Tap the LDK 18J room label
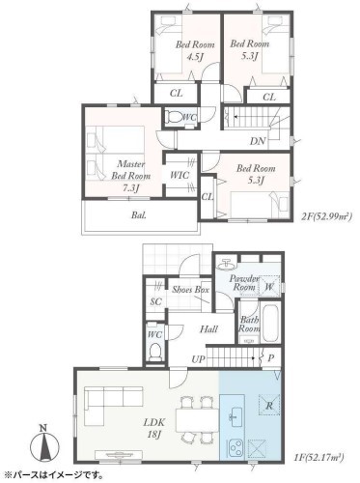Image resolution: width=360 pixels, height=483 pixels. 153,428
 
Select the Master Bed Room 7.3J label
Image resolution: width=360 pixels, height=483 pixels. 131,176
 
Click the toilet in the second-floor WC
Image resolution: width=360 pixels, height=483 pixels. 173,117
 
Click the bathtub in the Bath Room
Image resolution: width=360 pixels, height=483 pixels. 270,323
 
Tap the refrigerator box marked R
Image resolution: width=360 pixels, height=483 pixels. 269,405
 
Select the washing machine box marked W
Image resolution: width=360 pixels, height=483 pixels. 269,285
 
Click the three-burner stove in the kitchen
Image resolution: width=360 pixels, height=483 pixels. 236,448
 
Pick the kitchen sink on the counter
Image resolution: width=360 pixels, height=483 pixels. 233,416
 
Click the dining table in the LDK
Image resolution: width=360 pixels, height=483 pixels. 198,420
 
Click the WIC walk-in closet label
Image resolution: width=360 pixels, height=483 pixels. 180,175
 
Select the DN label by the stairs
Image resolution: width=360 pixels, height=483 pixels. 258,141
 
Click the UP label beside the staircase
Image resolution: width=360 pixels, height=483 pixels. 199,358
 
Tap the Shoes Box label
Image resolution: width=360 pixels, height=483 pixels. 191,289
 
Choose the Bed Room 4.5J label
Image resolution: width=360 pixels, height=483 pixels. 195,51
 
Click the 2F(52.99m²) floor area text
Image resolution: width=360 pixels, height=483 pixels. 326,216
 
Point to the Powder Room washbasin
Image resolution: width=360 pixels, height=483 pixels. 226,264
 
